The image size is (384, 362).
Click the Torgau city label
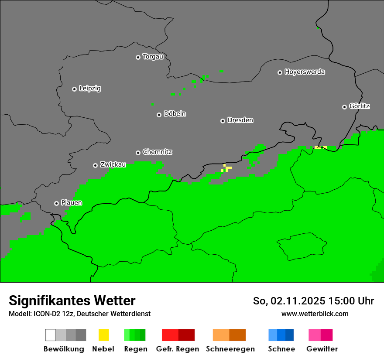[153, 57]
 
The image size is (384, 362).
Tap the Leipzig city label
[90, 89]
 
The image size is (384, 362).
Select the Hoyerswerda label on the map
[305, 72]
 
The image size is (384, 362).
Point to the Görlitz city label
[360, 106]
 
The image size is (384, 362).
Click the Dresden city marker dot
[223, 121]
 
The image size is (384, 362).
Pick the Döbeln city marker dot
[159, 115]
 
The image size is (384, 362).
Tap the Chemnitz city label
[158, 152]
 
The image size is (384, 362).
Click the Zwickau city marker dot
[95, 165]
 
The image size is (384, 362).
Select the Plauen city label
[72, 203]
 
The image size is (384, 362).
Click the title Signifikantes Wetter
[72, 301]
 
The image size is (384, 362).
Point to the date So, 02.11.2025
[289, 301]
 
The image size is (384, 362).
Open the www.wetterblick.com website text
[315, 314]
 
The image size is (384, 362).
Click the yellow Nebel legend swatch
[103, 335]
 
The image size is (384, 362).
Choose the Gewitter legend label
[322, 349]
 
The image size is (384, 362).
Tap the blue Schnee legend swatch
[281, 335]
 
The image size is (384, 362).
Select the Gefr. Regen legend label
[178, 349]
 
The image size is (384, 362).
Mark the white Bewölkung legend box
[51, 335]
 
